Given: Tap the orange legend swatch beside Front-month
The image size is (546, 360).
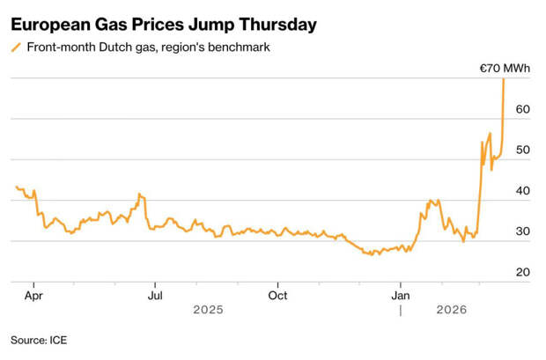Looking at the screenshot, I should [17, 47].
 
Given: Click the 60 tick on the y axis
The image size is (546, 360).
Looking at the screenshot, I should [522, 109].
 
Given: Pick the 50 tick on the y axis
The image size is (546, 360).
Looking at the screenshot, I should [522, 150].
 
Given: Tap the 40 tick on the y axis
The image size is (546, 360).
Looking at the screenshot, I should [522, 191].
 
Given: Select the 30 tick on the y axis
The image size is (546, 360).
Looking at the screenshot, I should [522, 231].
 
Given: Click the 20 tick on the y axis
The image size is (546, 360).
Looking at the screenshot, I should [522, 272].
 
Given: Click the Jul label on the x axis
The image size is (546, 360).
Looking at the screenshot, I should [154, 296].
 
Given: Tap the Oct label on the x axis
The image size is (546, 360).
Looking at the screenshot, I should [277, 296].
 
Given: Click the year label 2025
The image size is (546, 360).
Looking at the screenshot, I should [209, 310].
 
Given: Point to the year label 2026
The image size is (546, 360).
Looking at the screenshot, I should [452, 310].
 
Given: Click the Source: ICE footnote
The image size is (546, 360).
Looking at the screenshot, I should [39, 339].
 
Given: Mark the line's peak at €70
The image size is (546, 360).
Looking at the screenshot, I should [503, 79].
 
